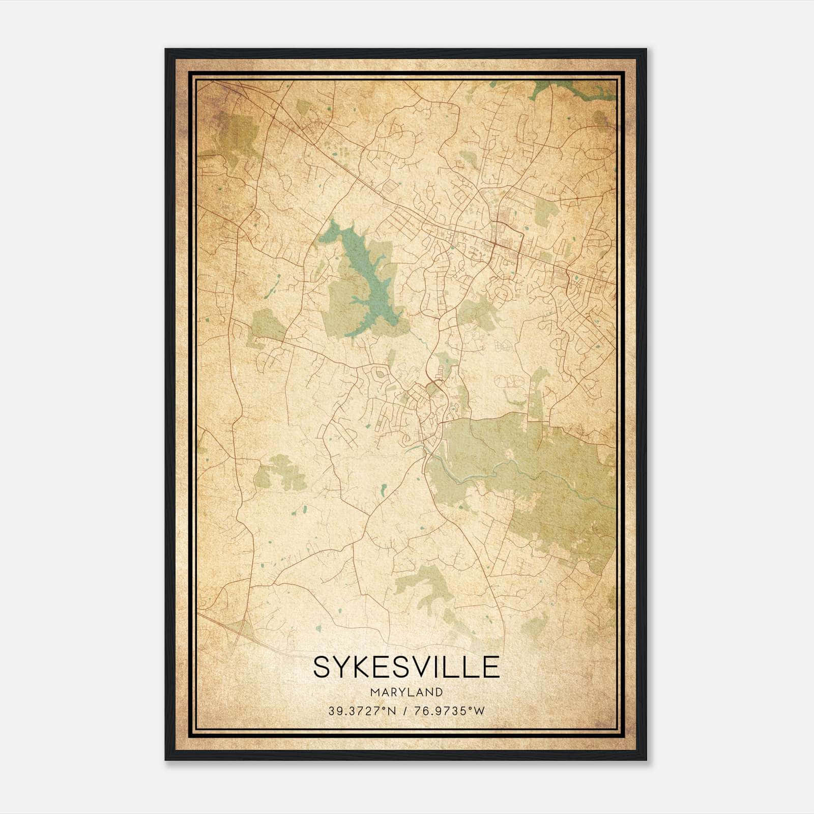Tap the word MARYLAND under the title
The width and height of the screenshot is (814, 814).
[x=406, y=692]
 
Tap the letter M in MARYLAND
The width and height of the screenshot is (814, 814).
[x=375, y=692]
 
